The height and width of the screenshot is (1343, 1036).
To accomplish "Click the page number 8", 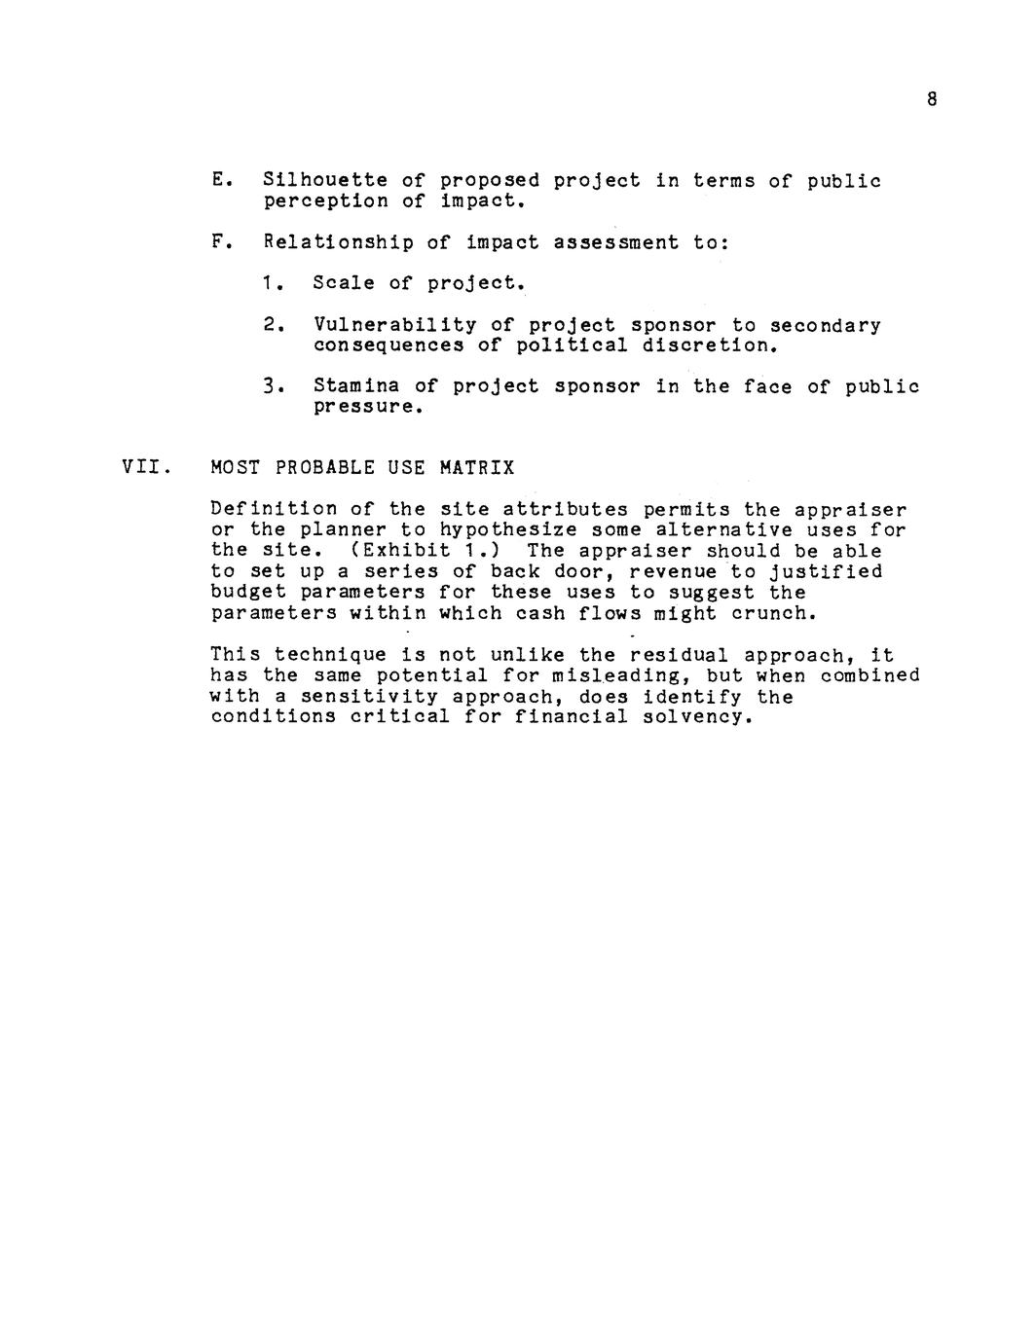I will (x=932, y=99).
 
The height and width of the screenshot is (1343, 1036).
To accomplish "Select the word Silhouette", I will (x=325, y=181).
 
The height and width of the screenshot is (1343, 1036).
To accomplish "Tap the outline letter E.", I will (x=217, y=181).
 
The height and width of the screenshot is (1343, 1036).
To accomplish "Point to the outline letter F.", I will (x=217, y=242).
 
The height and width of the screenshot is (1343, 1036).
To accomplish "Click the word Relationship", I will (x=338, y=242).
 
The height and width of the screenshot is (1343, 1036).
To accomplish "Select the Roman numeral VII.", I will (x=145, y=468).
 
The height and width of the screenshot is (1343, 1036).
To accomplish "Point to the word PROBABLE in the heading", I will (x=325, y=468).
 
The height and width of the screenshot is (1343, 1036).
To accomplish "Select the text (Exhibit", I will (x=388, y=551).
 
